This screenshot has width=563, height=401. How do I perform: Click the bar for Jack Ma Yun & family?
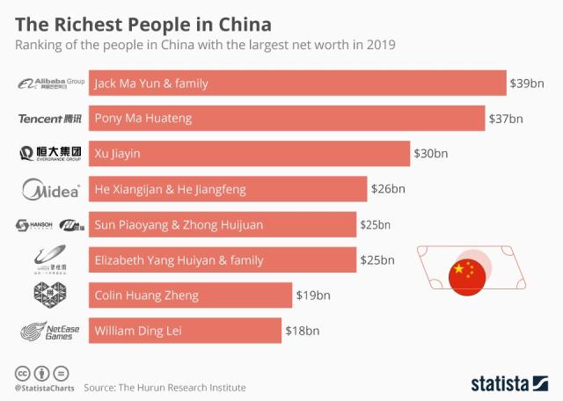click(x=297, y=84)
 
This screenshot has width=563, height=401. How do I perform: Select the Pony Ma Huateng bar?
click(x=287, y=119)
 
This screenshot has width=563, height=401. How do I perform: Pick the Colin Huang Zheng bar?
click(x=190, y=295)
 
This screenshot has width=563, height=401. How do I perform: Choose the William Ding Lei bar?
click(x=185, y=332)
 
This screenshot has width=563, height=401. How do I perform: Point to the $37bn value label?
click(x=505, y=119)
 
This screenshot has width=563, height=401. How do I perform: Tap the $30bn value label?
click(x=430, y=154)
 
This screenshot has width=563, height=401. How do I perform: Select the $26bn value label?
click(x=388, y=189)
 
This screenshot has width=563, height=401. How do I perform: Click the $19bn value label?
click(x=312, y=295)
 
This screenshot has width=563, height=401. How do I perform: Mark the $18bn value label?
click(x=302, y=332)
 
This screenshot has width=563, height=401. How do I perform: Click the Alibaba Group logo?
click(x=51, y=84)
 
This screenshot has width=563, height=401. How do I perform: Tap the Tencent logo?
click(x=51, y=119)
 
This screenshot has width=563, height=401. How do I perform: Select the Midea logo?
click(x=51, y=189)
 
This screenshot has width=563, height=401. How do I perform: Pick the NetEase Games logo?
click(x=51, y=332)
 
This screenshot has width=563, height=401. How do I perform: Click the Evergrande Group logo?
click(x=51, y=154)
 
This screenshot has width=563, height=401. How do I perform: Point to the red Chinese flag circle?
click(x=466, y=276)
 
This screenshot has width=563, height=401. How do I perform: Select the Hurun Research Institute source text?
click(x=165, y=387)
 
